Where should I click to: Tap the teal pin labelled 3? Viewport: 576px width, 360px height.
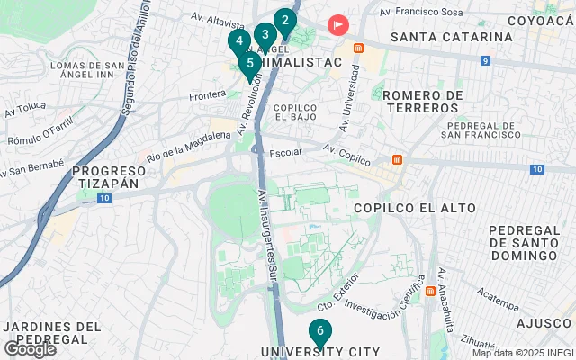pyautogui.click(x=265, y=35)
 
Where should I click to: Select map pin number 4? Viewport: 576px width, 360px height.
pyautogui.click(x=238, y=41)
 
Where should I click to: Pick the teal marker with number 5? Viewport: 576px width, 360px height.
pyautogui.click(x=249, y=63)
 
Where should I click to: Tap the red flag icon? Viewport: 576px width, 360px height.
pyautogui.click(x=338, y=25)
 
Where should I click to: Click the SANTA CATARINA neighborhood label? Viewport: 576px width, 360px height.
pyautogui.click(x=452, y=37)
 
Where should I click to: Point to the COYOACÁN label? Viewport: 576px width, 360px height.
pyautogui.click(x=540, y=20)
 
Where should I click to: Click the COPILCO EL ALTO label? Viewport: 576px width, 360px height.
pyautogui.click(x=415, y=208)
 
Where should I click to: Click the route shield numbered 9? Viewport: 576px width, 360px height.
pyautogui.click(x=485, y=61)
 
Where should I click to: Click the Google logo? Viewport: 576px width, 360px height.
pyautogui.click(x=30, y=349)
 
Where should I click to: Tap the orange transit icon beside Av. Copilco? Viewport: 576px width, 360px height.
pyautogui.click(x=396, y=160)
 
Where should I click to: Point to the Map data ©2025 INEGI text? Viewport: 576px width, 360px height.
pyautogui.click(x=522, y=353)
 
